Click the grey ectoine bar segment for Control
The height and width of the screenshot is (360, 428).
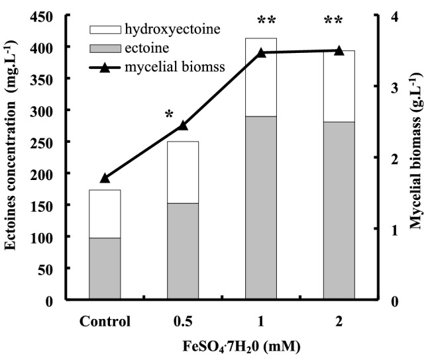point(105,268)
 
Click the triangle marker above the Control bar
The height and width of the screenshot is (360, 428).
point(105,177)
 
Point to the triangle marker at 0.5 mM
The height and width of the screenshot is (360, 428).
point(183,125)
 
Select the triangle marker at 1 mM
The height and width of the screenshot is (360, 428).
point(261,52)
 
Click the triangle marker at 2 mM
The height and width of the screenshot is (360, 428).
point(339,50)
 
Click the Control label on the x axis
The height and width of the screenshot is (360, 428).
point(105,322)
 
